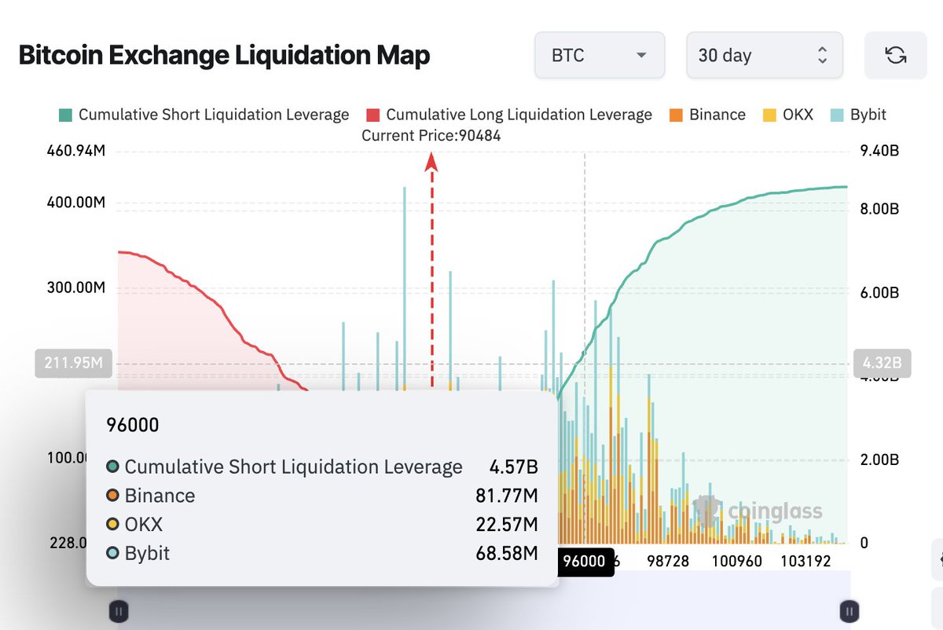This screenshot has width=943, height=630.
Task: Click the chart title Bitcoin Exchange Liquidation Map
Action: coord(224,56)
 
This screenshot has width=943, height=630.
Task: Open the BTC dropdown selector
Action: coord(599,55)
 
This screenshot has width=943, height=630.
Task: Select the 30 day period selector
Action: coord(764,55)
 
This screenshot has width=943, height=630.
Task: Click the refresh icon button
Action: coord(895,55)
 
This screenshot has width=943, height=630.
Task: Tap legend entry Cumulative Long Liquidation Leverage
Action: coord(510,115)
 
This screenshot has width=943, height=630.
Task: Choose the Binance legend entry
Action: coord(707,115)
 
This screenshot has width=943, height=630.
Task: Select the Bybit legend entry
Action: coord(858,115)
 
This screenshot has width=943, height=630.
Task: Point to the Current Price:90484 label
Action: coord(431,135)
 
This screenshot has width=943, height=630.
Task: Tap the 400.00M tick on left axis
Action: coord(77,203)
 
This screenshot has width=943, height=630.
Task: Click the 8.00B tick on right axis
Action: coord(879,209)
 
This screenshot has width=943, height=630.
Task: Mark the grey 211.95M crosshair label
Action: coord(73,364)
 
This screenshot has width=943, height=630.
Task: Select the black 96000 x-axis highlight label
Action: coord(585,561)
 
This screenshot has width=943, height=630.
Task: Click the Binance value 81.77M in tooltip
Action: coord(506,496)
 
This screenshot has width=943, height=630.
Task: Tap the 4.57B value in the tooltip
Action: coord(513,467)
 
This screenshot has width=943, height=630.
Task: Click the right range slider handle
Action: coord(849,610)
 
